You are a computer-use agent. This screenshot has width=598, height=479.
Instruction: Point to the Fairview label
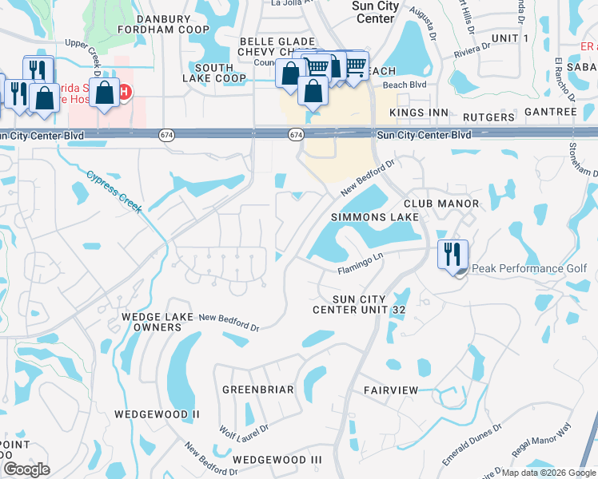coord(391,390)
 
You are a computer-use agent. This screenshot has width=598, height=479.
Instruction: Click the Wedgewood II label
coord(156,414)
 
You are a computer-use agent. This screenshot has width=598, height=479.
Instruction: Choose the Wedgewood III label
coord(277,460)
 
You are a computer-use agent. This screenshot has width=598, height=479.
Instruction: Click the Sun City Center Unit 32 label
coord(354,304)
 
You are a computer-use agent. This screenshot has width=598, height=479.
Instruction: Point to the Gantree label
coord(552,112)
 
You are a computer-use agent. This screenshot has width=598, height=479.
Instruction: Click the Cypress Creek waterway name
coord(114,192)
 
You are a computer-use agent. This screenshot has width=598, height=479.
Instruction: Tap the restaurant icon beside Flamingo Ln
coord(452,254)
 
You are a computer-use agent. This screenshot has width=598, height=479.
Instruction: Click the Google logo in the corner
coord(26,469)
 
